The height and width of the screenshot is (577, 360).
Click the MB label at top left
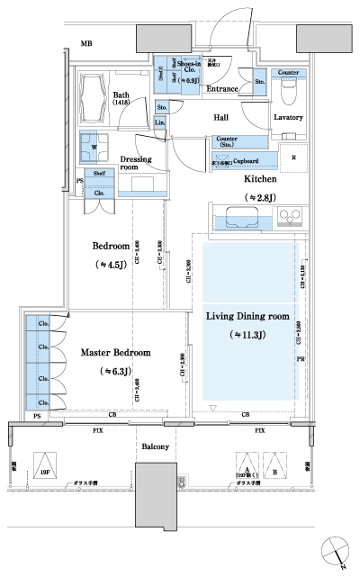[x=86, y=44]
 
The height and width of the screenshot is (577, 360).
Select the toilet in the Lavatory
[x=289, y=93]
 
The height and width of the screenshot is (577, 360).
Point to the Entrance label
[x=222, y=89]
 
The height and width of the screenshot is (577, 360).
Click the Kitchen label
[x=260, y=179]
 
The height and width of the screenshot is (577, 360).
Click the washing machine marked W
[x=94, y=146]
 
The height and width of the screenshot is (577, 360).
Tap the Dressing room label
[x=136, y=162]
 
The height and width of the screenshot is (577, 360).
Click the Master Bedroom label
[x=115, y=352]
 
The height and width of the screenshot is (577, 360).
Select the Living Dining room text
[x=247, y=316]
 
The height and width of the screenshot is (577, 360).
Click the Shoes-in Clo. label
[x=188, y=68]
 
